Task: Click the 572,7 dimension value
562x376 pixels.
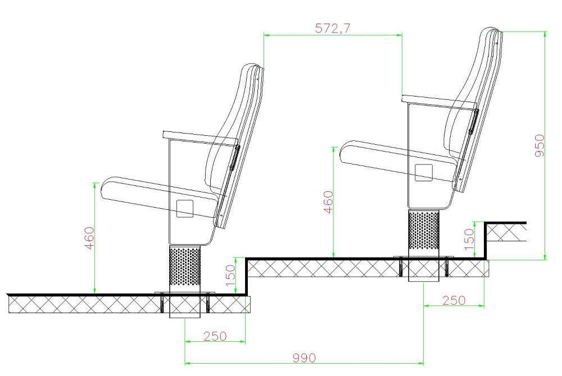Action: click(x=333, y=28)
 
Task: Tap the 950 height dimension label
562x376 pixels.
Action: click(x=540, y=145)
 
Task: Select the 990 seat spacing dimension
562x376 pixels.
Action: click(x=304, y=357)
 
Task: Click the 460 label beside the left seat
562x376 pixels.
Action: click(x=89, y=238)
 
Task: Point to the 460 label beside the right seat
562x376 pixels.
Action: click(x=328, y=202)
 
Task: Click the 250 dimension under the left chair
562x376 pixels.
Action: click(x=215, y=336)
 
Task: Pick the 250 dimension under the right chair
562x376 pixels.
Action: click(x=454, y=300)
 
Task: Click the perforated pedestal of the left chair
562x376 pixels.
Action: click(x=184, y=269)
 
